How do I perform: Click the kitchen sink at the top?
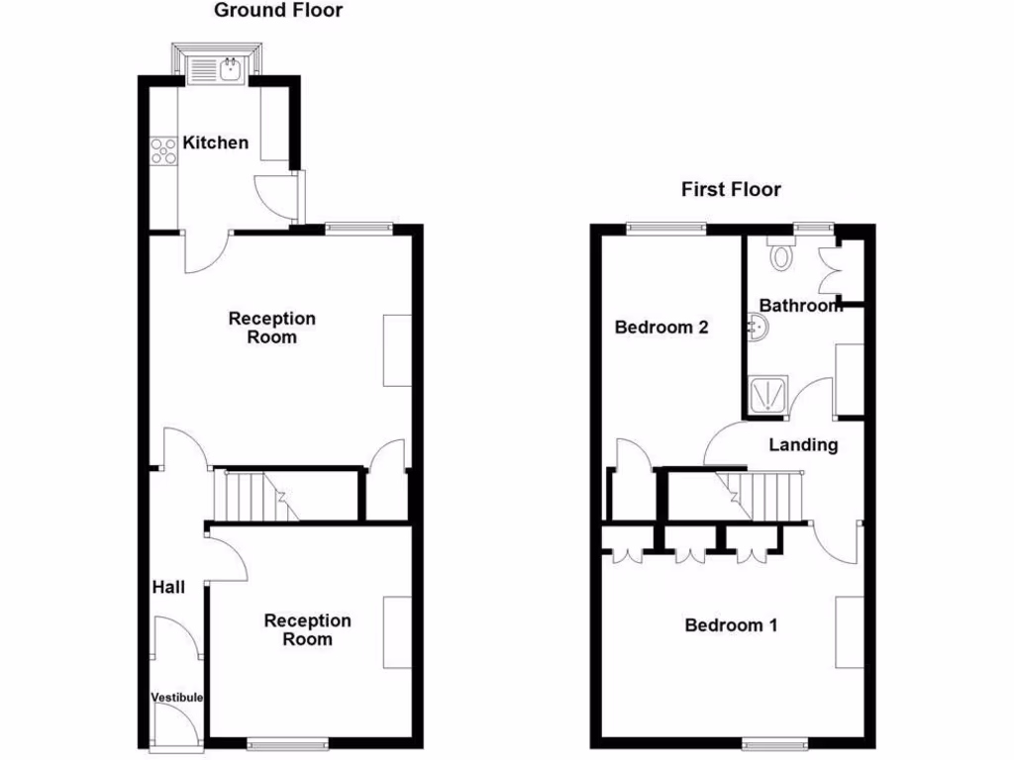pyautogui.click(x=217, y=67)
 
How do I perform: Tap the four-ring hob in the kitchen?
pyautogui.click(x=163, y=151)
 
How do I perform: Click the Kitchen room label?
pyautogui.click(x=216, y=142)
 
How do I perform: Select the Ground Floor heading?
pyautogui.click(x=278, y=11)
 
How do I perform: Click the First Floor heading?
pyautogui.click(x=731, y=189)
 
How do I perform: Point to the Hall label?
pyautogui.click(x=168, y=588)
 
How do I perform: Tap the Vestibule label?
pyautogui.click(x=177, y=698)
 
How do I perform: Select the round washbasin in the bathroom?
pyautogui.click(x=756, y=327)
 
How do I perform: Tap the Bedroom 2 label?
pyautogui.click(x=661, y=328)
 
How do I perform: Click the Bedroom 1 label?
pyautogui.click(x=731, y=625)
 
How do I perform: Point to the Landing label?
pyautogui.click(x=803, y=445)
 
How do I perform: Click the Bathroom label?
pyautogui.click(x=800, y=306)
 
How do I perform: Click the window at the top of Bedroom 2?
pyautogui.click(x=665, y=229)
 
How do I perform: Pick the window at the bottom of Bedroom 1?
pyautogui.click(x=774, y=742)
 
